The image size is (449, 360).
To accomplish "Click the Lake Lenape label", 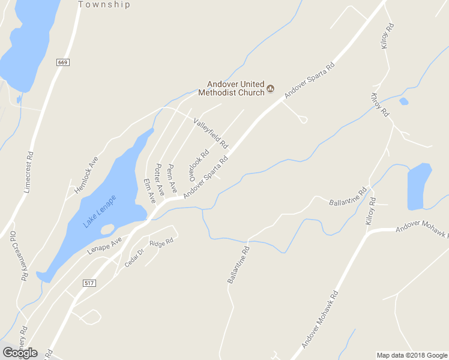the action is click(x=100, y=211).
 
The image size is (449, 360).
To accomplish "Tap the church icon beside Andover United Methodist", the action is click(x=270, y=89).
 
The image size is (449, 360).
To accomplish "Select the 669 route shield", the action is click(x=62, y=62).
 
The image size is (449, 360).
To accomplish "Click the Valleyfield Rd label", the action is click(x=210, y=133).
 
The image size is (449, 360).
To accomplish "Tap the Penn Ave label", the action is click(x=172, y=178).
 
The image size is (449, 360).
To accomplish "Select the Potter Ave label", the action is click(x=160, y=178).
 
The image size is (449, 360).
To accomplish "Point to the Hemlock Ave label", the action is click(x=86, y=175).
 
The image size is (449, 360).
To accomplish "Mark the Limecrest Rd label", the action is click(x=28, y=172).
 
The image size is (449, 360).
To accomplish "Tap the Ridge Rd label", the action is click(x=161, y=243).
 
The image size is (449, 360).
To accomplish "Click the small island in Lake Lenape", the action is click(x=107, y=229).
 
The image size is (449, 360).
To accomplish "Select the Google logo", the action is click(x=20, y=352).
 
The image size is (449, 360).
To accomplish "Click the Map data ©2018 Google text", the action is click(x=411, y=355).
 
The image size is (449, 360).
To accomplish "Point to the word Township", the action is click(x=104, y=4).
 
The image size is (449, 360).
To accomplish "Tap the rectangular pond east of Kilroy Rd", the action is click(x=419, y=187).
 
